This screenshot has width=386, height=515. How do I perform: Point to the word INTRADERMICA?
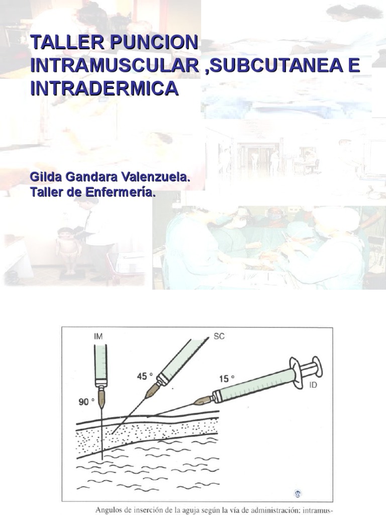pyautogui.click(x=104, y=89)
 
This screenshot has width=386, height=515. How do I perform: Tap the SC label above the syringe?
pyautogui.click(x=219, y=336)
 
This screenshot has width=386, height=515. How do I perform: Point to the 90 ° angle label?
pyautogui.click(x=85, y=402)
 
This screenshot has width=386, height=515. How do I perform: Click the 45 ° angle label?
pyautogui.click(x=144, y=376)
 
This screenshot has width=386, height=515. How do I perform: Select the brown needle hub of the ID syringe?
pyautogui.click(x=204, y=400)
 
